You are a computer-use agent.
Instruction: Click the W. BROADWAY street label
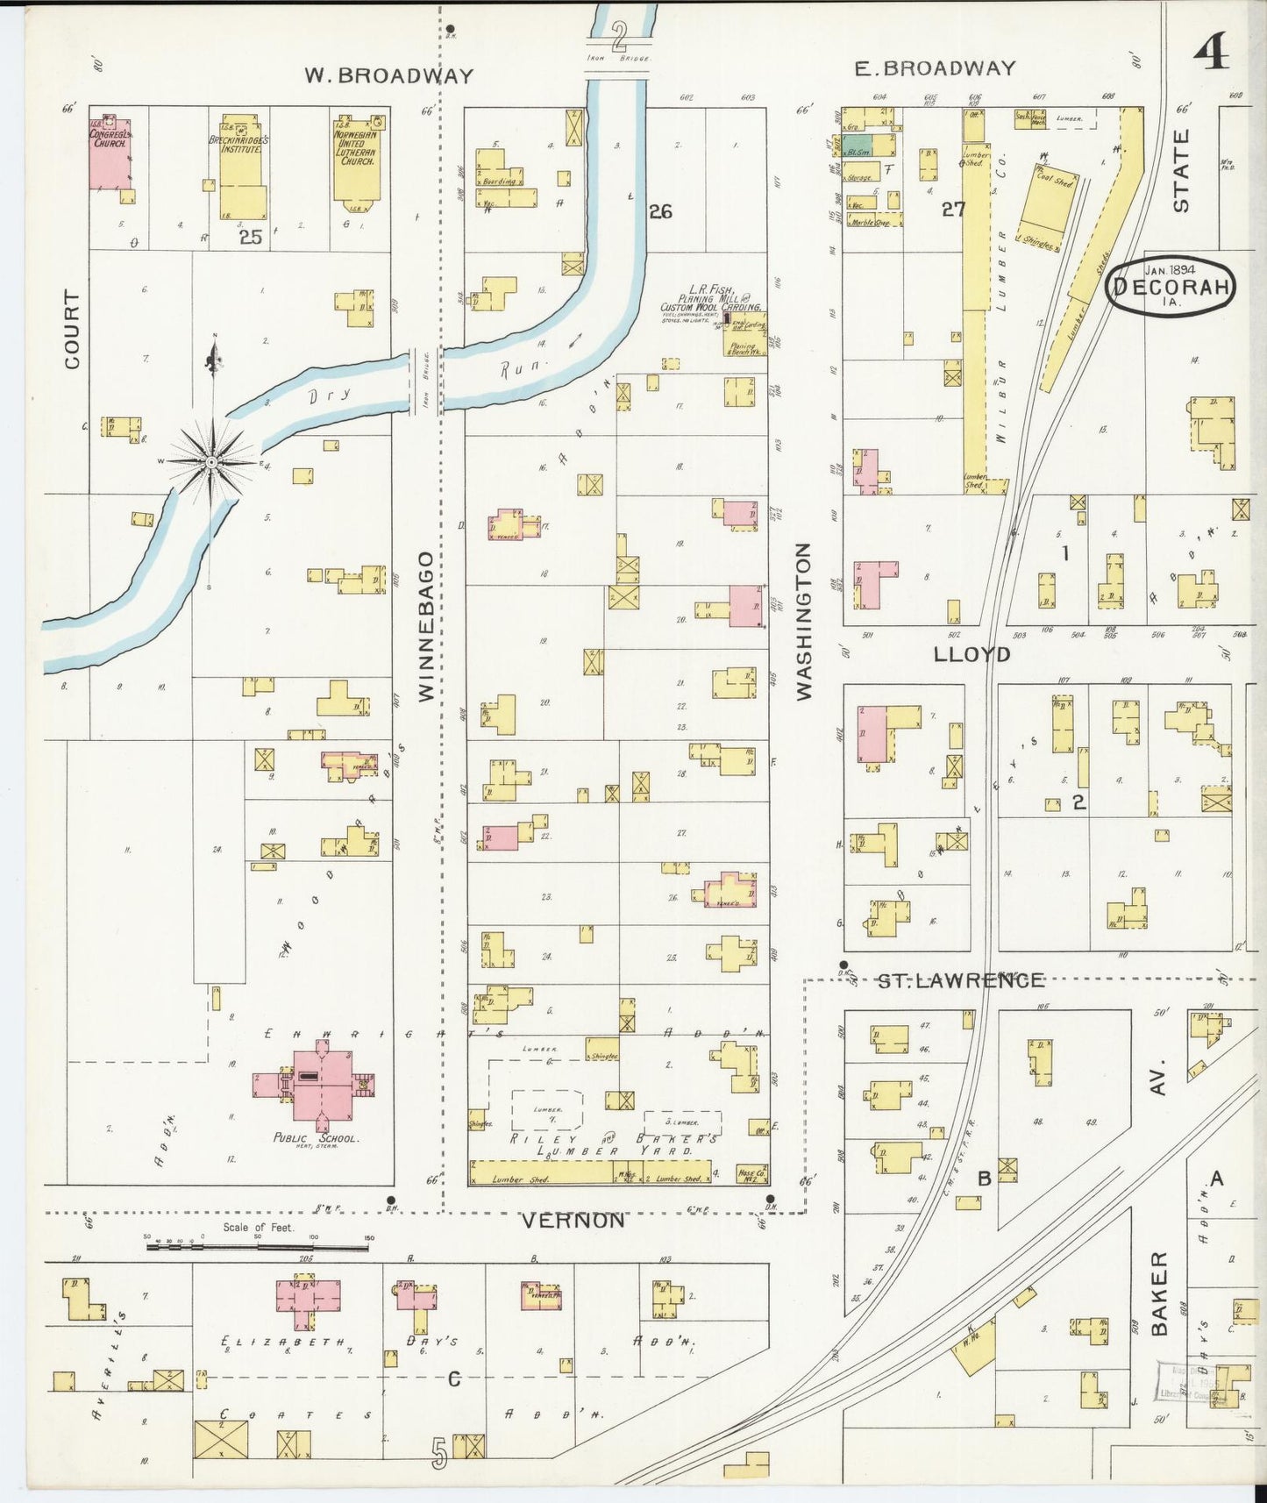(x=388, y=75)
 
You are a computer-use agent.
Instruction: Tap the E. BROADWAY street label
(x=935, y=68)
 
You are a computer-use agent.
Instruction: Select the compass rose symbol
(x=211, y=459)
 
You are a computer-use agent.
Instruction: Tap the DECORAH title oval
(x=1170, y=287)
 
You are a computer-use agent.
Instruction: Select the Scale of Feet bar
(x=258, y=1243)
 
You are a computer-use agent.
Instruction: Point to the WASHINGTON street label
(x=803, y=621)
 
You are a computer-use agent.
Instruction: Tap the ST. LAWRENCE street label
(x=962, y=979)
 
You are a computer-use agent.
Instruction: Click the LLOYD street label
(x=972, y=654)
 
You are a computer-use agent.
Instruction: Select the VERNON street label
(x=573, y=1221)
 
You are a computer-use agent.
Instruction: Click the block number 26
(x=660, y=210)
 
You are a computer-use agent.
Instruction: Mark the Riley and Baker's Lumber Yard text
(x=594, y=1143)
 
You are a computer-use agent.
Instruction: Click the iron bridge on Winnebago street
(x=425, y=382)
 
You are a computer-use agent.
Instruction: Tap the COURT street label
(x=71, y=329)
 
